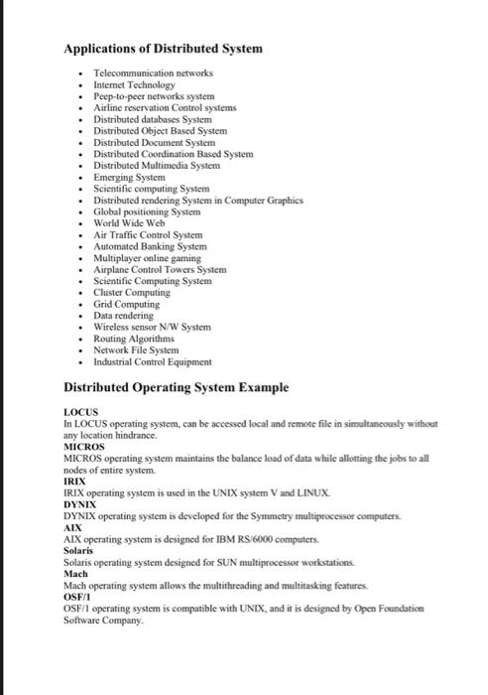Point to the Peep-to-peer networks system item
click(153, 97)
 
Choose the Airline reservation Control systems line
click(164, 108)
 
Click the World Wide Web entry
click(128, 222)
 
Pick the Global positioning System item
click(147, 211)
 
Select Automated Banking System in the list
click(150, 246)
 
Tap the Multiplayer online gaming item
click(147, 257)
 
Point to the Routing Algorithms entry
click(134, 338)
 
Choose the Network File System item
click(136, 349)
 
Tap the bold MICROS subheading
click(84, 448)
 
